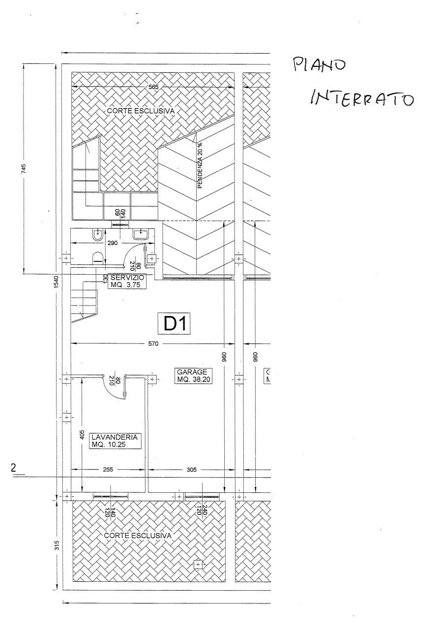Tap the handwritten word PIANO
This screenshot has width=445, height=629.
[x=320, y=65]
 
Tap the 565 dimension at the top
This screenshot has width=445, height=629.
[x=153, y=87]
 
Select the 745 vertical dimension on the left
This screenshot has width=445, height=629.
[x=24, y=169]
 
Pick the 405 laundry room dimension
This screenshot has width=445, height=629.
[x=82, y=435]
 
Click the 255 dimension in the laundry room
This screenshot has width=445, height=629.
[x=108, y=470]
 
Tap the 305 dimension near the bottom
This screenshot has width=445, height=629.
[x=191, y=470]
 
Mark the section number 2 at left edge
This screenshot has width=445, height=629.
[x=14, y=468]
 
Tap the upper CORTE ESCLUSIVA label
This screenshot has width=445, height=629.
[x=141, y=112]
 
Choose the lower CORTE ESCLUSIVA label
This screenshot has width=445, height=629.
[x=138, y=535]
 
